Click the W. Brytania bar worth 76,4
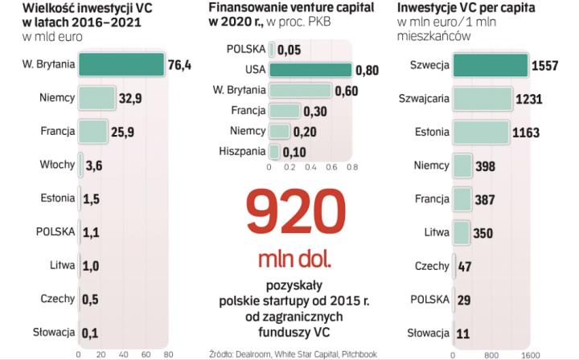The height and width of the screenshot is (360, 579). pos(121,64)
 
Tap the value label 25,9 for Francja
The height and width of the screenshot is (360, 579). pos(123,131)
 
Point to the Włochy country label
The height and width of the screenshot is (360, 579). pos(57,165)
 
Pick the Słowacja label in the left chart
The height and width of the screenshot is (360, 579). pos(54,331)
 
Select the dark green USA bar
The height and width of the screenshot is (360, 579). pos(310,70)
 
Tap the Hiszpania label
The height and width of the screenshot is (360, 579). pos(242,151)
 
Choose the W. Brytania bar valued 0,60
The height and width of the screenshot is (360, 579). pos(301,90)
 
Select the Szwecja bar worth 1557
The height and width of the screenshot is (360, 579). pos(490,65)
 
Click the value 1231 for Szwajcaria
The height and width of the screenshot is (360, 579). pos(528,99)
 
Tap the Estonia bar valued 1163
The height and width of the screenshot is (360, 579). pos(480,132)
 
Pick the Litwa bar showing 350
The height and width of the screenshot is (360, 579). pos(462,232)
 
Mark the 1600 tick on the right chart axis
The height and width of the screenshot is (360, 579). pos(528,354)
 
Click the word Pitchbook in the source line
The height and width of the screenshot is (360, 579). pos(363,351)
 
